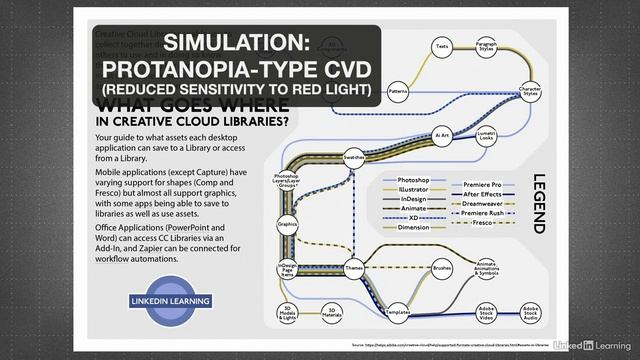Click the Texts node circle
[441, 47]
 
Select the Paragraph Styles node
[487, 46]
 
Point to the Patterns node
[397, 91]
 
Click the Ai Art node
[441, 134]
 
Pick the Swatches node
[354, 158]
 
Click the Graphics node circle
[287, 224]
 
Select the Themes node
[353, 268]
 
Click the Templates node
[398, 313]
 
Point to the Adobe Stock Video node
[487, 312]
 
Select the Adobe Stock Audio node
[529, 313]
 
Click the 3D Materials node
[331, 313]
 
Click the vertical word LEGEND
[538, 204]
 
